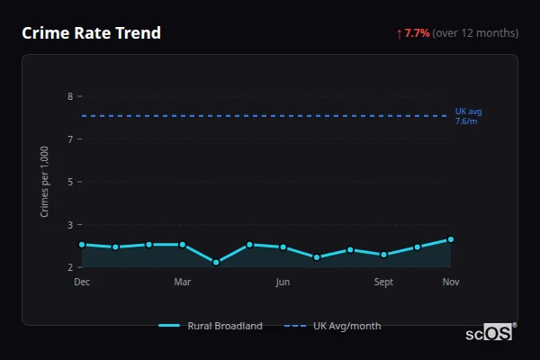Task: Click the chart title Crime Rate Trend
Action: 92,33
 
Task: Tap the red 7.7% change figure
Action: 416,33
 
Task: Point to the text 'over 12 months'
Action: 475,33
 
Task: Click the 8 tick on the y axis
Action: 70,96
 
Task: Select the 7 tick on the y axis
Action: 70,139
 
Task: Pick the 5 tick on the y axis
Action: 70,182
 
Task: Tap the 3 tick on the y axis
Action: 70,224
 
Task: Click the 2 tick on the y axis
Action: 70,267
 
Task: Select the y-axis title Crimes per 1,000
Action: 45,182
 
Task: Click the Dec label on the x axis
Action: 82,283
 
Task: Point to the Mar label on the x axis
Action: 183,283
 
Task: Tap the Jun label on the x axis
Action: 283,283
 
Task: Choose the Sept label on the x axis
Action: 383,283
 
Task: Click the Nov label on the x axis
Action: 451,283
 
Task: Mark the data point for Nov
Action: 451,239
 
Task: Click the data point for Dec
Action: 82,245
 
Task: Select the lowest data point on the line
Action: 216,263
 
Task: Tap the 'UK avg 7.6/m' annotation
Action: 468,116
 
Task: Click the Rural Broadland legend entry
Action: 211,326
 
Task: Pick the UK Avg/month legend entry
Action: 333,326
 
